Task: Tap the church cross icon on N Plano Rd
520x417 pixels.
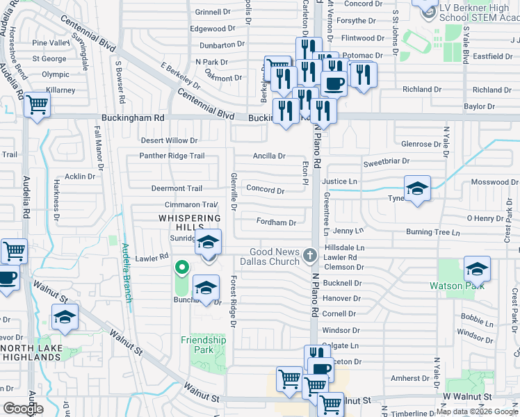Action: click(x=310, y=256)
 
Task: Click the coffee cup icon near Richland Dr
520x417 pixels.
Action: click(x=334, y=83)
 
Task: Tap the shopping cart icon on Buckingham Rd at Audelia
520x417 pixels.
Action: click(x=38, y=106)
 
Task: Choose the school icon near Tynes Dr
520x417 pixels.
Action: click(x=417, y=188)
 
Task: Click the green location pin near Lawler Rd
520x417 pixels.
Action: click(x=181, y=267)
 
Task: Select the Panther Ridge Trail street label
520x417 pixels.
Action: click(x=172, y=156)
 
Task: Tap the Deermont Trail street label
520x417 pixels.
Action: click(x=177, y=188)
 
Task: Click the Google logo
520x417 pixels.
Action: click(x=23, y=409)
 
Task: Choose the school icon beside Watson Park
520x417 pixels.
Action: click(x=477, y=269)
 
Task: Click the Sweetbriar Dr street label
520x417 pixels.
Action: click(x=386, y=161)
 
